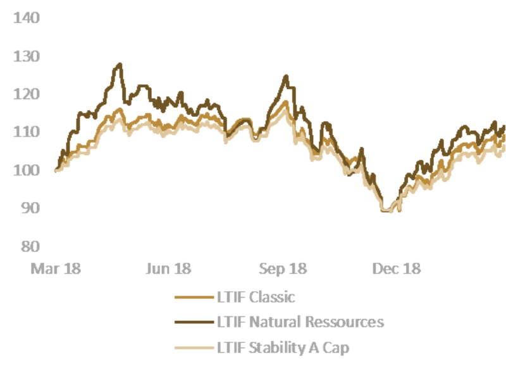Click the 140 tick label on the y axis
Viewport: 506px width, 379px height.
(x=26, y=18)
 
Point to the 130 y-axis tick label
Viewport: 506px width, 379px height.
(x=26, y=56)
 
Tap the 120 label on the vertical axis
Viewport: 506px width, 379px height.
(x=26, y=94)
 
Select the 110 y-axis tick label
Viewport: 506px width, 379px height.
(x=26, y=132)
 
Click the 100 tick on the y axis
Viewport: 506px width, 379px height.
(x=26, y=170)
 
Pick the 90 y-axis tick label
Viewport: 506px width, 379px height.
(x=30, y=208)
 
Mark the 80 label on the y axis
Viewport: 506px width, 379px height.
(x=30, y=246)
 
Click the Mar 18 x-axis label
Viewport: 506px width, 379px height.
(x=56, y=268)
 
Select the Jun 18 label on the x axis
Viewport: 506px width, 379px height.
(x=168, y=268)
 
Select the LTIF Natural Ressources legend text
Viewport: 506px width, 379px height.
(x=299, y=322)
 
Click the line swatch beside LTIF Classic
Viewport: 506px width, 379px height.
(x=190, y=296)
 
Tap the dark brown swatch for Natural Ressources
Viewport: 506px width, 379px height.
(x=190, y=322)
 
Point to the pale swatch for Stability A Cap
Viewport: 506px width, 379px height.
(x=190, y=347)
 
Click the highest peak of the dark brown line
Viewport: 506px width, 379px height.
(x=119, y=64)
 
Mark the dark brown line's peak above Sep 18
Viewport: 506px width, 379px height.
(x=286, y=76)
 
